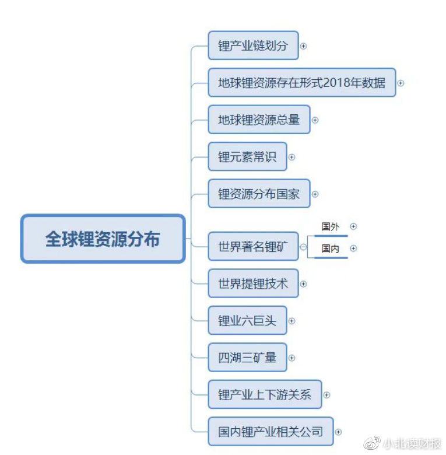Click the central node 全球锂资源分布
[x=103, y=239]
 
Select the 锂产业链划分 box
[x=253, y=45]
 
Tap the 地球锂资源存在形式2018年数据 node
[x=301, y=82]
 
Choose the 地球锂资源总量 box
[x=259, y=120]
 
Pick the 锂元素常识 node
[x=247, y=156]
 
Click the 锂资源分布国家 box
[x=259, y=194]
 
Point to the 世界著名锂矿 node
[x=253, y=247]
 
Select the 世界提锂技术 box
[x=253, y=284]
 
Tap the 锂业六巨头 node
[x=247, y=321]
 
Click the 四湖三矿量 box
[x=247, y=358]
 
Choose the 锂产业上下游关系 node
[x=265, y=395]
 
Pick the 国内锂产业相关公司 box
[x=271, y=432]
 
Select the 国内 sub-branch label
[x=330, y=249]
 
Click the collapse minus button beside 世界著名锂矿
[x=303, y=247]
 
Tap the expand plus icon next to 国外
[x=353, y=226]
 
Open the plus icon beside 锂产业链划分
[x=303, y=45]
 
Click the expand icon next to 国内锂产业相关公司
[x=338, y=432]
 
